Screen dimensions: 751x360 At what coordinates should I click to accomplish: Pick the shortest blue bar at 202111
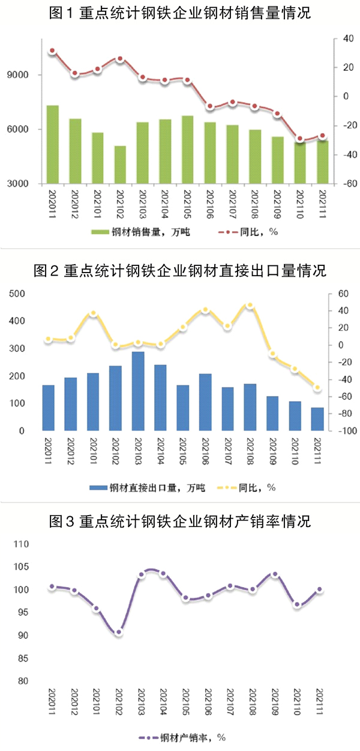[317, 419]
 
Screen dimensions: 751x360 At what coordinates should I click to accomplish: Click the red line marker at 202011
[52, 51]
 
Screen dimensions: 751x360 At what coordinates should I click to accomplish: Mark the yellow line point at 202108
[250, 306]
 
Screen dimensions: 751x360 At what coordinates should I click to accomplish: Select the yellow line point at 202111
[317, 388]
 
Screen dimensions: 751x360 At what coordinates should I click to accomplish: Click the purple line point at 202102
[119, 632]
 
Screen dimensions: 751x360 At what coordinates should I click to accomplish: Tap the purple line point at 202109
[275, 575]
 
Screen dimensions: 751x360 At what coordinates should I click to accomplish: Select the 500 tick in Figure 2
[16, 294]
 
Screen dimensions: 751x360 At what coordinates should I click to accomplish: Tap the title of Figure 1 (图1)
[180, 13]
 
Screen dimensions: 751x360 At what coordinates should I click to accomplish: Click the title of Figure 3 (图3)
[180, 520]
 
